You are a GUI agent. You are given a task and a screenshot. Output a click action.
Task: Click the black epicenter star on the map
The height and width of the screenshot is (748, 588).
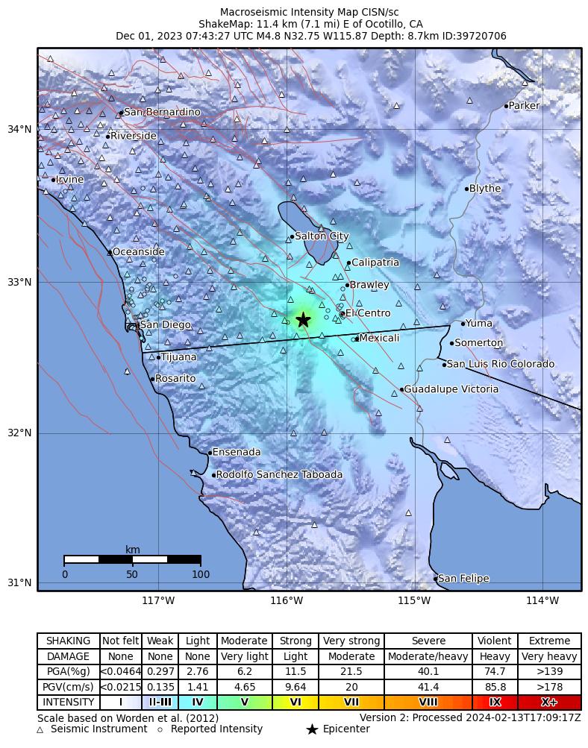[303, 319]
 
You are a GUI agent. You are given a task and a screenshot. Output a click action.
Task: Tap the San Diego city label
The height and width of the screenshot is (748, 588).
[166, 325]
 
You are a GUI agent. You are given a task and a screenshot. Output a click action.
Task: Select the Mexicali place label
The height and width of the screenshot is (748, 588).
[379, 339]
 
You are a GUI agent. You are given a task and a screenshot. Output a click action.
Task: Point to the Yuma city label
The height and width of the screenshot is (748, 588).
[479, 324]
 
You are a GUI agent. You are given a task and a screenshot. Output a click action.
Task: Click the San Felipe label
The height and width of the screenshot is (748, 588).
[463, 579]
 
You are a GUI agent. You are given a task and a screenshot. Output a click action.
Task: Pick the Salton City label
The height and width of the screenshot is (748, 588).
[322, 236]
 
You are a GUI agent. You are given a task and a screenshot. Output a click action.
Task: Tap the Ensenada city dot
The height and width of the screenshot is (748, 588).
[210, 452]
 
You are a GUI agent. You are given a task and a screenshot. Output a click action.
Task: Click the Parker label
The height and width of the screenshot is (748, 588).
[524, 106]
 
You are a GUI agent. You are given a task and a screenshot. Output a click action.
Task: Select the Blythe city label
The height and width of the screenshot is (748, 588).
[485, 189]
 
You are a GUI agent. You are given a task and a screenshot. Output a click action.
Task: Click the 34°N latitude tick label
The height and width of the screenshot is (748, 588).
[19, 129]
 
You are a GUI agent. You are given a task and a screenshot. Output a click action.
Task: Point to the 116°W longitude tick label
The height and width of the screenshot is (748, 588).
[287, 601]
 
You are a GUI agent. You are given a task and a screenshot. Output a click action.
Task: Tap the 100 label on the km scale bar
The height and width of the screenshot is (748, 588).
[201, 574]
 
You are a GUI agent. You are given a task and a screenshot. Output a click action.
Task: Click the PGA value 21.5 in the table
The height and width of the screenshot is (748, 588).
[351, 672]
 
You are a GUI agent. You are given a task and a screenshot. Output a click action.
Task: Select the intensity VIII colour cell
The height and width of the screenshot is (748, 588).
[428, 703]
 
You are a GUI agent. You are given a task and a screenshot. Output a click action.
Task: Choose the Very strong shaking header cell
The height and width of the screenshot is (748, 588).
[351, 641]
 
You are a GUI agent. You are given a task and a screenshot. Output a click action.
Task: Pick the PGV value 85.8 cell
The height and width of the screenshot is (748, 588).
[494, 687]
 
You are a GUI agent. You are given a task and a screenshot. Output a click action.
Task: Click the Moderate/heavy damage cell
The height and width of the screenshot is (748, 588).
[428, 657]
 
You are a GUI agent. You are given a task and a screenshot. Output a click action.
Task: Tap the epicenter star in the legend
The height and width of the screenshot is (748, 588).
[312, 729]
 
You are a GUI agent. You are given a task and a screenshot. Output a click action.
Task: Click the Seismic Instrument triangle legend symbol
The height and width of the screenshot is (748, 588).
[40, 729]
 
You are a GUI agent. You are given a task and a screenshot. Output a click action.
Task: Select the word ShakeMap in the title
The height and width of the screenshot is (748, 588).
[222, 24]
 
